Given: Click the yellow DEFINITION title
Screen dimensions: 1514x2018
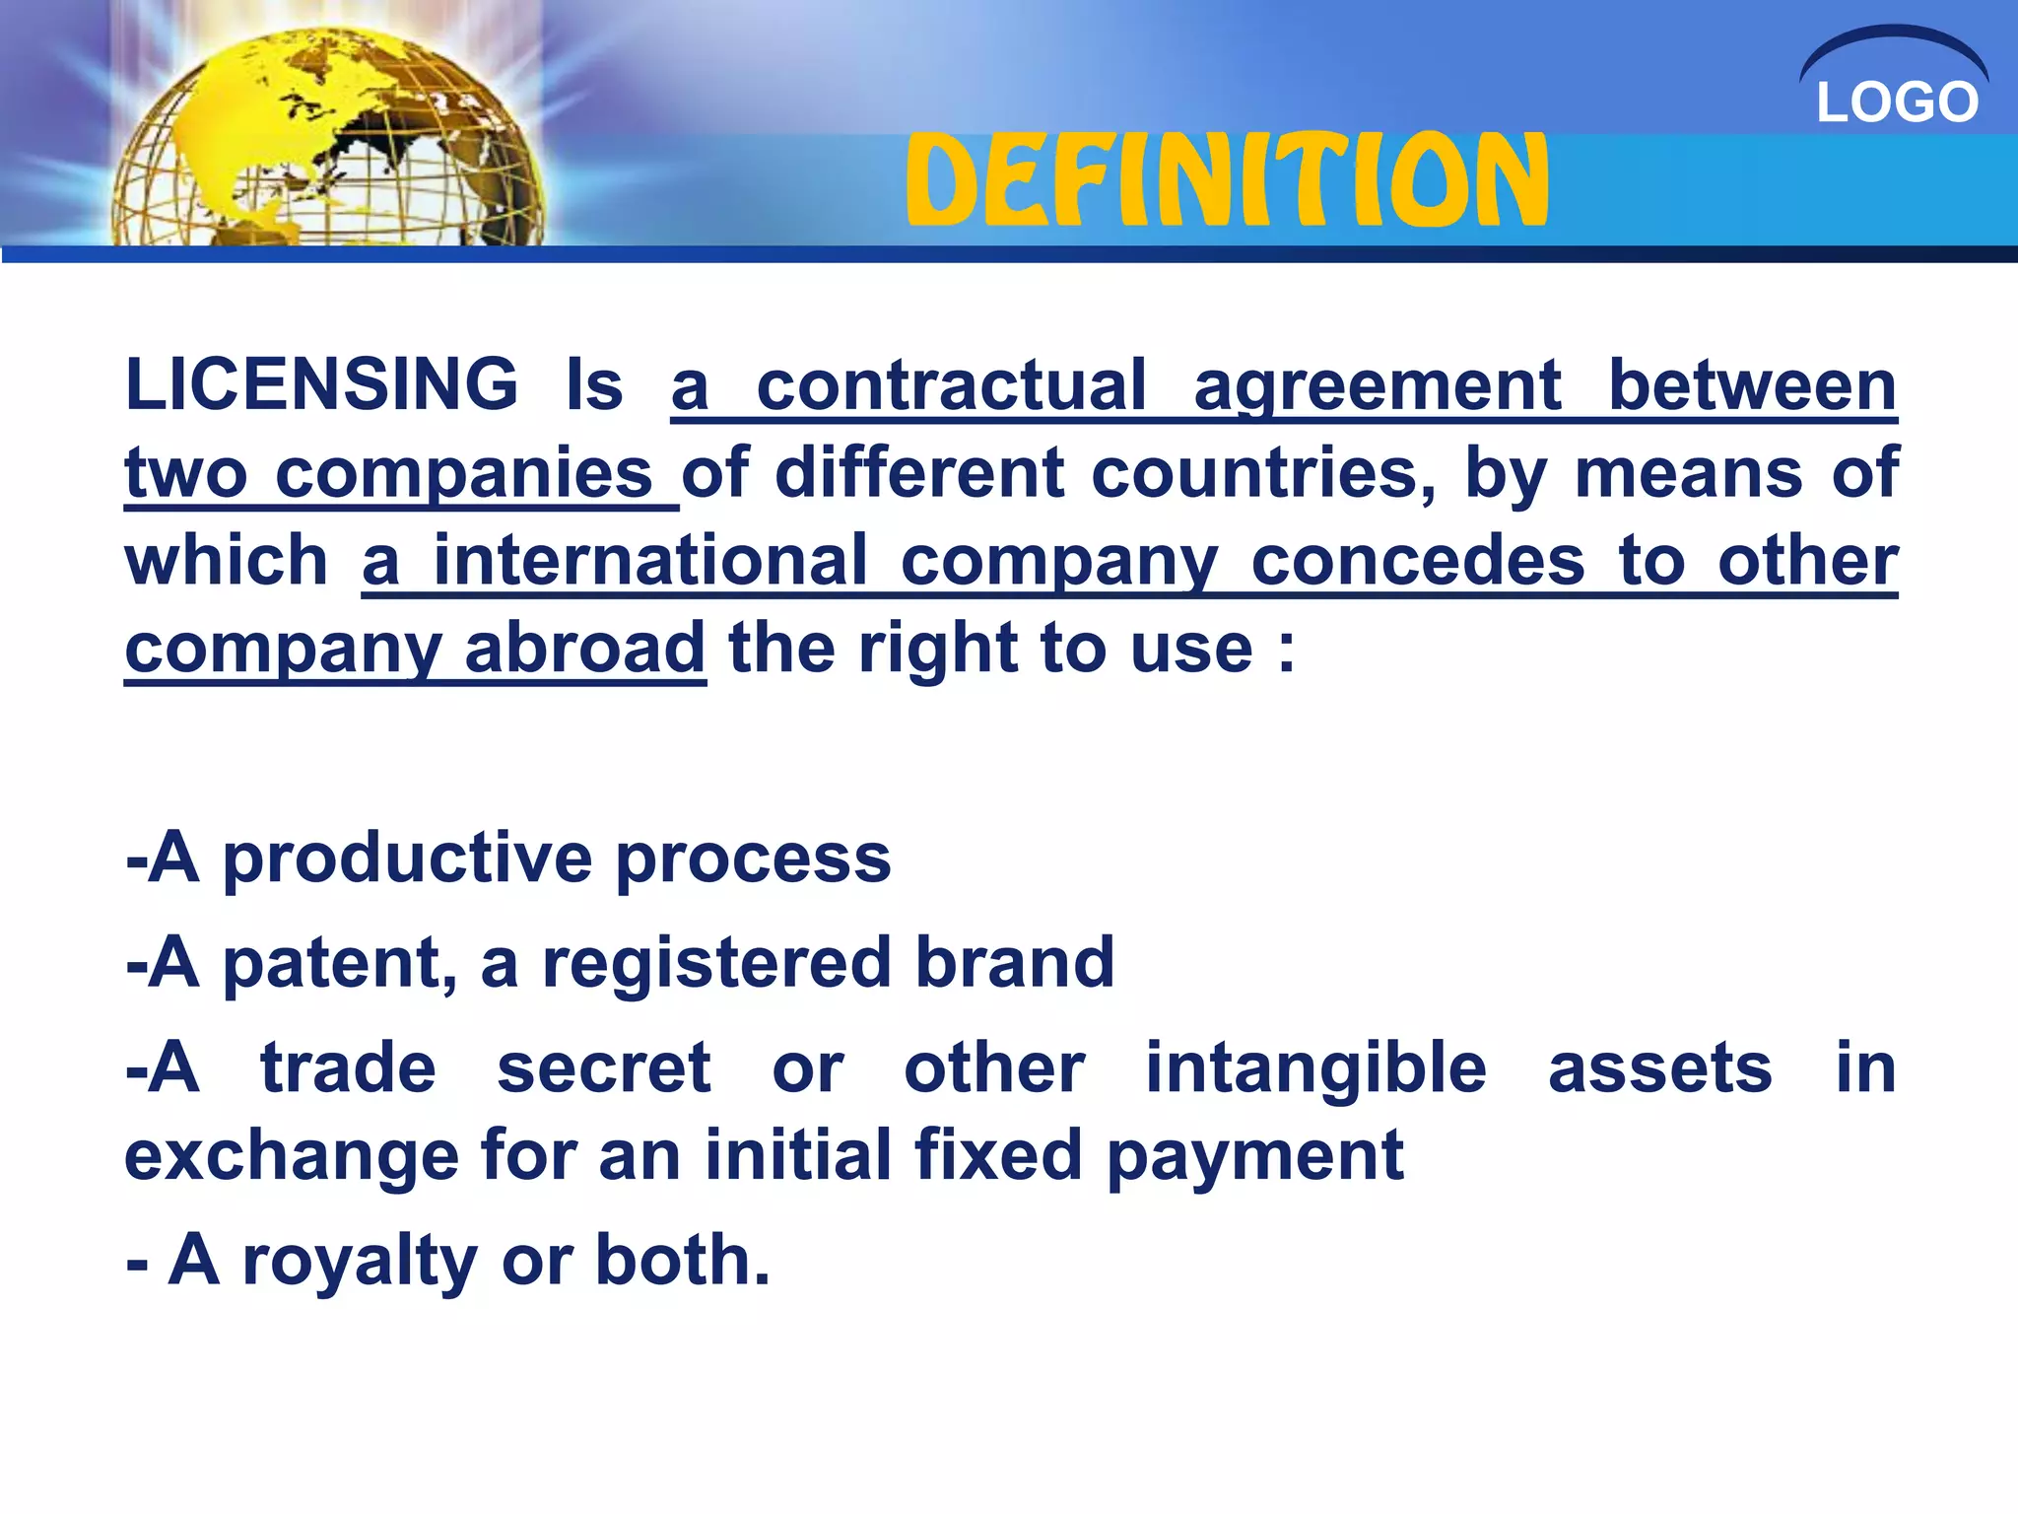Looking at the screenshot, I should (1228, 179).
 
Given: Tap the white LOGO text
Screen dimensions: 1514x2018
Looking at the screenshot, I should (1897, 103).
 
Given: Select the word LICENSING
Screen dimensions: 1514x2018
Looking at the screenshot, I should (321, 383).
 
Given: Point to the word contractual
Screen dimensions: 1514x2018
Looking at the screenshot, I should (951, 385).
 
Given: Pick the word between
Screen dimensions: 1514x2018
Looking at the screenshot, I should (1752, 385).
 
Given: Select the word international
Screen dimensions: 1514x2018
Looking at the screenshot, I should (650, 561).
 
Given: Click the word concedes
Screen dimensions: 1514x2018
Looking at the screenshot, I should (1418, 561).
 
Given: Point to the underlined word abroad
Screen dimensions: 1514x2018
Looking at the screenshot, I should (584, 649).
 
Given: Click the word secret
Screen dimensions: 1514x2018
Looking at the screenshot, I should (603, 1068).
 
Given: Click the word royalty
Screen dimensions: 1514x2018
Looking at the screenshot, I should (360, 1263).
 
